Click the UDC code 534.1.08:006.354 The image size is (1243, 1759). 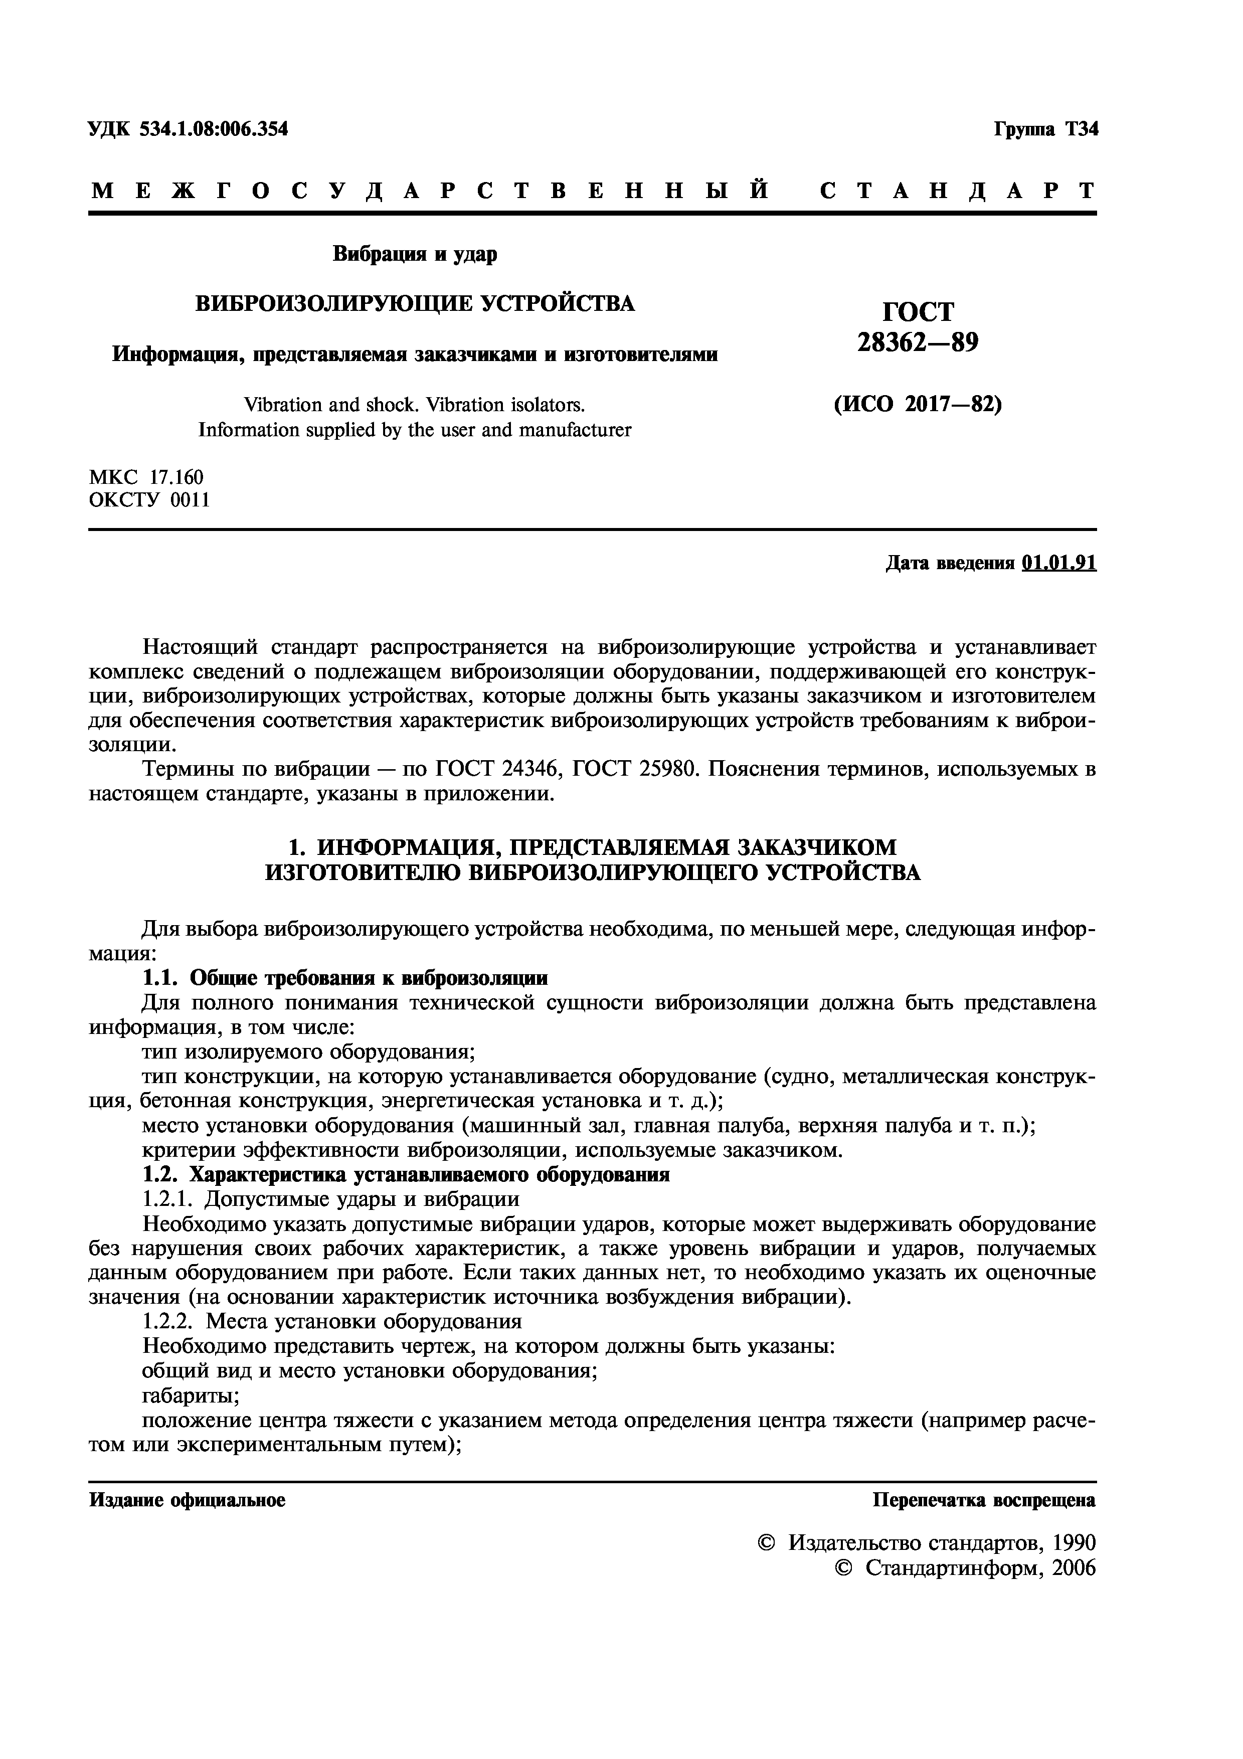[x=214, y=129]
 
